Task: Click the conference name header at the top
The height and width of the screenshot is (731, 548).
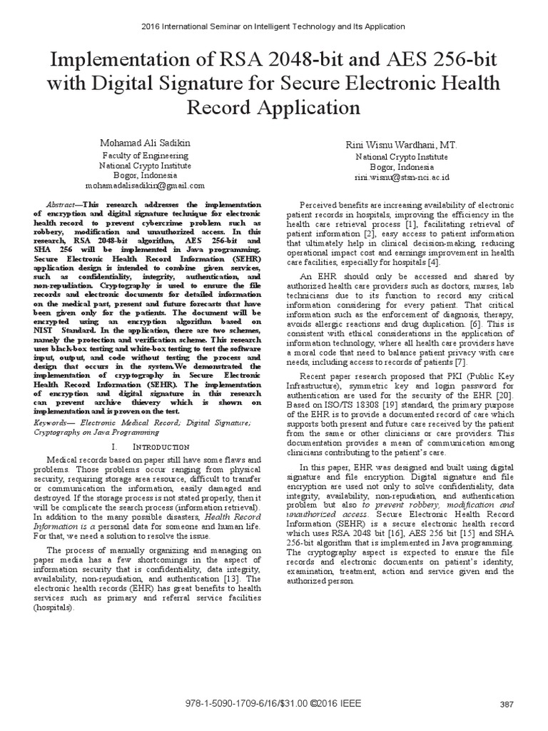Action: [274, 26]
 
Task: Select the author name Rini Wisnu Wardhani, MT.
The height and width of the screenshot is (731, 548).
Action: [402, 146]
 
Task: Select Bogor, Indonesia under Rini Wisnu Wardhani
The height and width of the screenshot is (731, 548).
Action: [402, 166]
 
